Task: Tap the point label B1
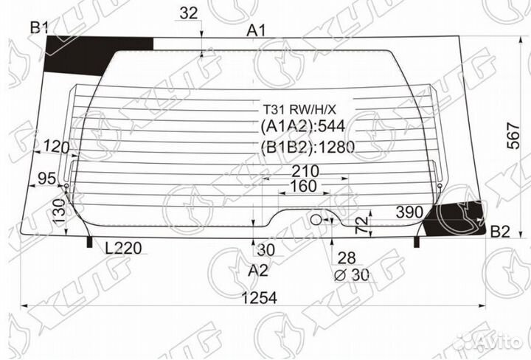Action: (38, 28)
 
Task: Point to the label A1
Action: (256, 30)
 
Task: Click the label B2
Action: (499, 232)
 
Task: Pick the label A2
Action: (257, 271)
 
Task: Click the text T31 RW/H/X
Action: (305, 108)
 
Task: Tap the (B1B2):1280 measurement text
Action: (308, 147)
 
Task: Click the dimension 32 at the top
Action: (189, 13)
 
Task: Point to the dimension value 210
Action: (305, 171)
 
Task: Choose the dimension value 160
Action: (305, 187)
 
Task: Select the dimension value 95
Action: (47, 178)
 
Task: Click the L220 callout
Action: (122, 249)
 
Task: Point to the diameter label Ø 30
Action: (352, 275)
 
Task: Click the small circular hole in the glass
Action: (316, 219)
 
